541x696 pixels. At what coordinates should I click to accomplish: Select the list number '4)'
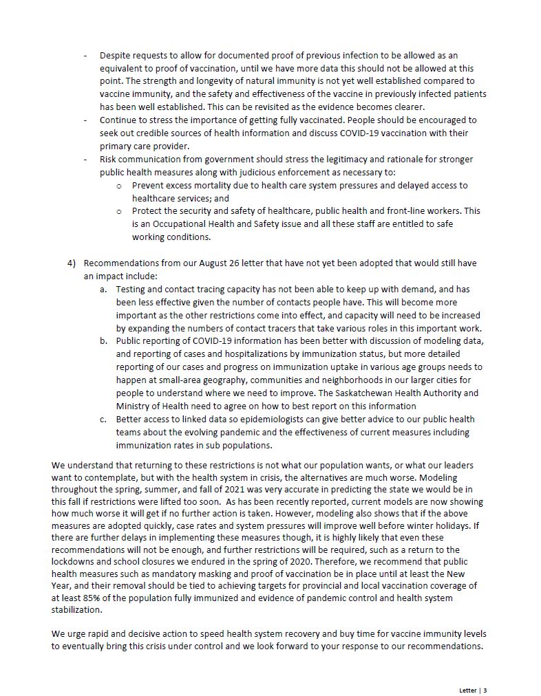pyautogui.click(x=72, y=263)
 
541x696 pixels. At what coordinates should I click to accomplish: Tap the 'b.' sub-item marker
pyautogui.click(x=103, y=341)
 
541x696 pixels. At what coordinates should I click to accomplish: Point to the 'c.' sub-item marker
pyautogui.click(x=103, y=419)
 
